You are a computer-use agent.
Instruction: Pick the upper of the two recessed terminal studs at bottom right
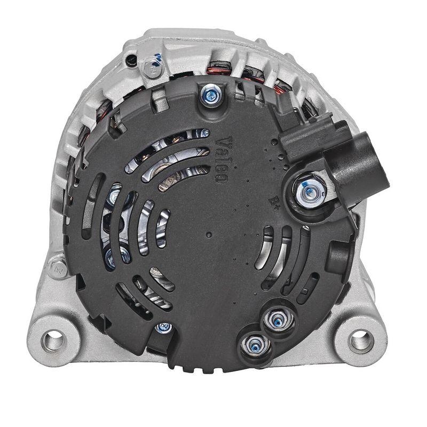point(276,320)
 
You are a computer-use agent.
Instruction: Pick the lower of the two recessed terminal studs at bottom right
point(252,346)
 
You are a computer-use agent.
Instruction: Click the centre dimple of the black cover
point(209,234)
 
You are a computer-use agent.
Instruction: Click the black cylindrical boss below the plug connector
point(339,256)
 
